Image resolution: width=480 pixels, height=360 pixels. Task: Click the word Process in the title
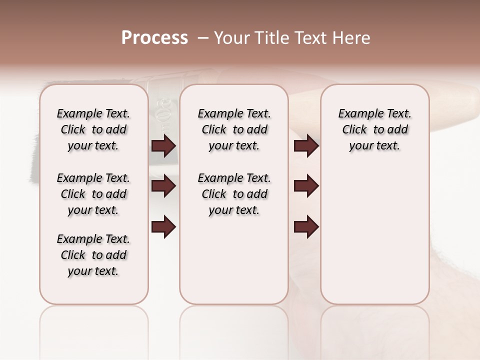click(x=154, y=38)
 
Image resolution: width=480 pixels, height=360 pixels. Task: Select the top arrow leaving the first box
click(x=163, y=146)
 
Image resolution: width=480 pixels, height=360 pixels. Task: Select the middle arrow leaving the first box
click(x=163, y=186)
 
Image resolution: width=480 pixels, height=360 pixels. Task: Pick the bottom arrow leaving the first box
click(x=163, y=227)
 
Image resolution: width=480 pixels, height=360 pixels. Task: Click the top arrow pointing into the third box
click(x=306, y=146)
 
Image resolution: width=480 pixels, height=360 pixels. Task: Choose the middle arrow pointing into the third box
click(x=306, y=186)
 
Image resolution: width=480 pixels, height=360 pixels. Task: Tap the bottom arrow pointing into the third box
click(x=306, y=227)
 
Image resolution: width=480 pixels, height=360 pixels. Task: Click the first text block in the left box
click(x=93, y=129)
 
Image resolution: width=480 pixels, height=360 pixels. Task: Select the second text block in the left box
click(x=93, y=194)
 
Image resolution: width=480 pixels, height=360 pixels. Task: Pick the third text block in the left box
click(x=93, y=255)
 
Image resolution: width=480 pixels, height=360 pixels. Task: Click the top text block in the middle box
click(x=234, y=129)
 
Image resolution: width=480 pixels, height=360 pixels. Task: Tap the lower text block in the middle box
click(x=234, y=194)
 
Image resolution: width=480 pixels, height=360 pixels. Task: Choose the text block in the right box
click(x=374, y=129)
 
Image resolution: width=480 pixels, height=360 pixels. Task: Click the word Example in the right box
click(x=357, y=114)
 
